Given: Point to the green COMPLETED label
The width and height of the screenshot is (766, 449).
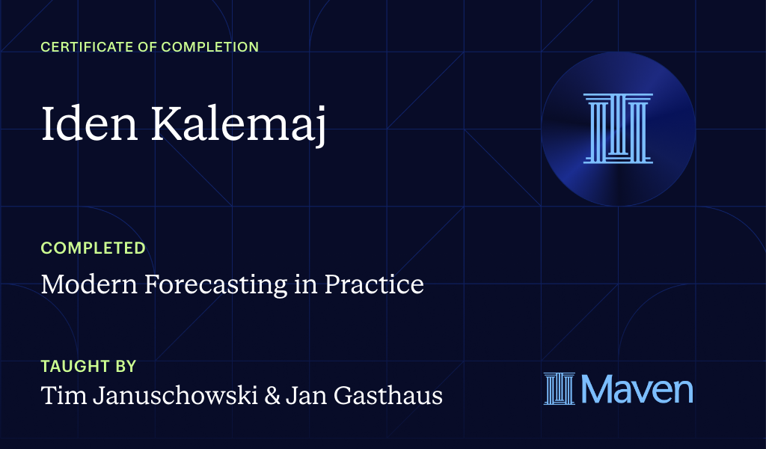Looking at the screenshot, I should [x=93, y=248].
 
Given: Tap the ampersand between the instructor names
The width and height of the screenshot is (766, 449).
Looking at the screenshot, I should [x=272, y=395].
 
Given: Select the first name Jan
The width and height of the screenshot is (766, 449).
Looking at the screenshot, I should [x=305, y=395].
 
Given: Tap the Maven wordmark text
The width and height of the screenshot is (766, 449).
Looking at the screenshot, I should [x=637, y=389].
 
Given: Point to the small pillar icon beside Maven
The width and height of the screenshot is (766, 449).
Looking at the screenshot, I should [x=560, y=389].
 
